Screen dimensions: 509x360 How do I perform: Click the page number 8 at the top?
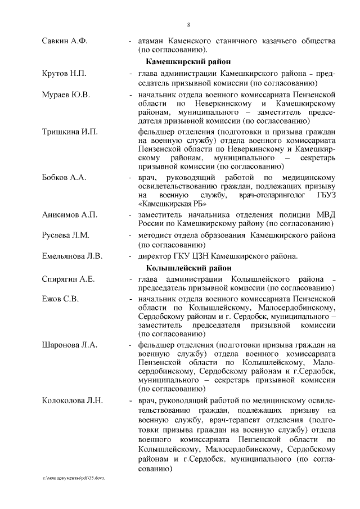tap(188, 24)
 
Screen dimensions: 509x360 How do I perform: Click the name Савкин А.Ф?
tap(65, 41)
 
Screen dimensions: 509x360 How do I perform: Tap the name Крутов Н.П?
tap(64, 74)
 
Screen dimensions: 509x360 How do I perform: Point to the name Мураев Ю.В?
tap(66, 94)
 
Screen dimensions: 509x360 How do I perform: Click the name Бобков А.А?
tap(64, 178)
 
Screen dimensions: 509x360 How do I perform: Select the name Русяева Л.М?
tap(66, 235)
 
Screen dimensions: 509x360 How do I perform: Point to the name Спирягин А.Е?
tap(68, 279)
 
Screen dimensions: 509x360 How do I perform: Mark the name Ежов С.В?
tap(60, 299)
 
